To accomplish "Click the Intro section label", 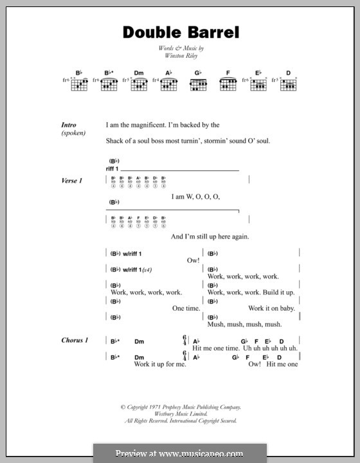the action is pos(69,125).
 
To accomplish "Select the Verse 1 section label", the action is pos(72,181).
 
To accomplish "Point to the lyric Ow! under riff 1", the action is pos(194,260).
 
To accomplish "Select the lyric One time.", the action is pos(186,309).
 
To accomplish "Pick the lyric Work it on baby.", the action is pos(271,309).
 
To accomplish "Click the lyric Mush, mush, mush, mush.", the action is pos(244,325).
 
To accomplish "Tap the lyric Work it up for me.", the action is pos(159,364).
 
